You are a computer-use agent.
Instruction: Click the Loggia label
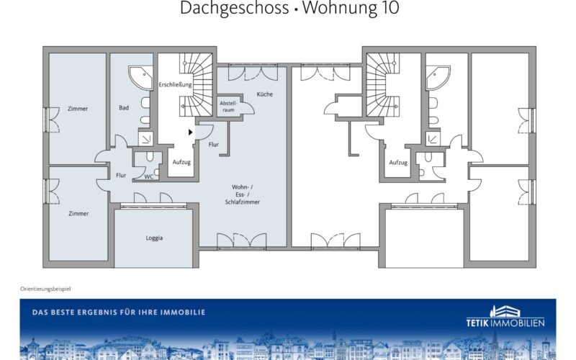[154, 238]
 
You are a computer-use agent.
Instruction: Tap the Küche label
[264, 94]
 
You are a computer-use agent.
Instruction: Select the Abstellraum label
[228, 107]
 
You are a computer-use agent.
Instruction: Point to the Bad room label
[124, 107]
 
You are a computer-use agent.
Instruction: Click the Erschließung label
[175, 84]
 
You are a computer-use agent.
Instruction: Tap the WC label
[149, 176]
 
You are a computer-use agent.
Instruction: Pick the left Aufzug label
[181, 162]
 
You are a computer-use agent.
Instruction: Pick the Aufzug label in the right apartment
[398, 163]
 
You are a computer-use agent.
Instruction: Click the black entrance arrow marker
[190, 132]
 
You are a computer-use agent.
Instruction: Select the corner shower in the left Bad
[140, 78]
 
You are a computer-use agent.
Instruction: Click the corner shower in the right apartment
[438, 78]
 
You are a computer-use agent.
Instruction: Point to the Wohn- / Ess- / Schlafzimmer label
[242, 194]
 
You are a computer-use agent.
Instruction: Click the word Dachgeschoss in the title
[234, 8]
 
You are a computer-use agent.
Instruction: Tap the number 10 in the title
[389, 8]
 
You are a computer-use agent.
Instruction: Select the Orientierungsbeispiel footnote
[45, 289]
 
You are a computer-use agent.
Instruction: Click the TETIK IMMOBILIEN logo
[505, 317]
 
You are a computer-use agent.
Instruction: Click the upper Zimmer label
[78, 109]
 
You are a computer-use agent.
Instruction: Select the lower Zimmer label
[78, 213]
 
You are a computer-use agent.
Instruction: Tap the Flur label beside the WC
[121, 175]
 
